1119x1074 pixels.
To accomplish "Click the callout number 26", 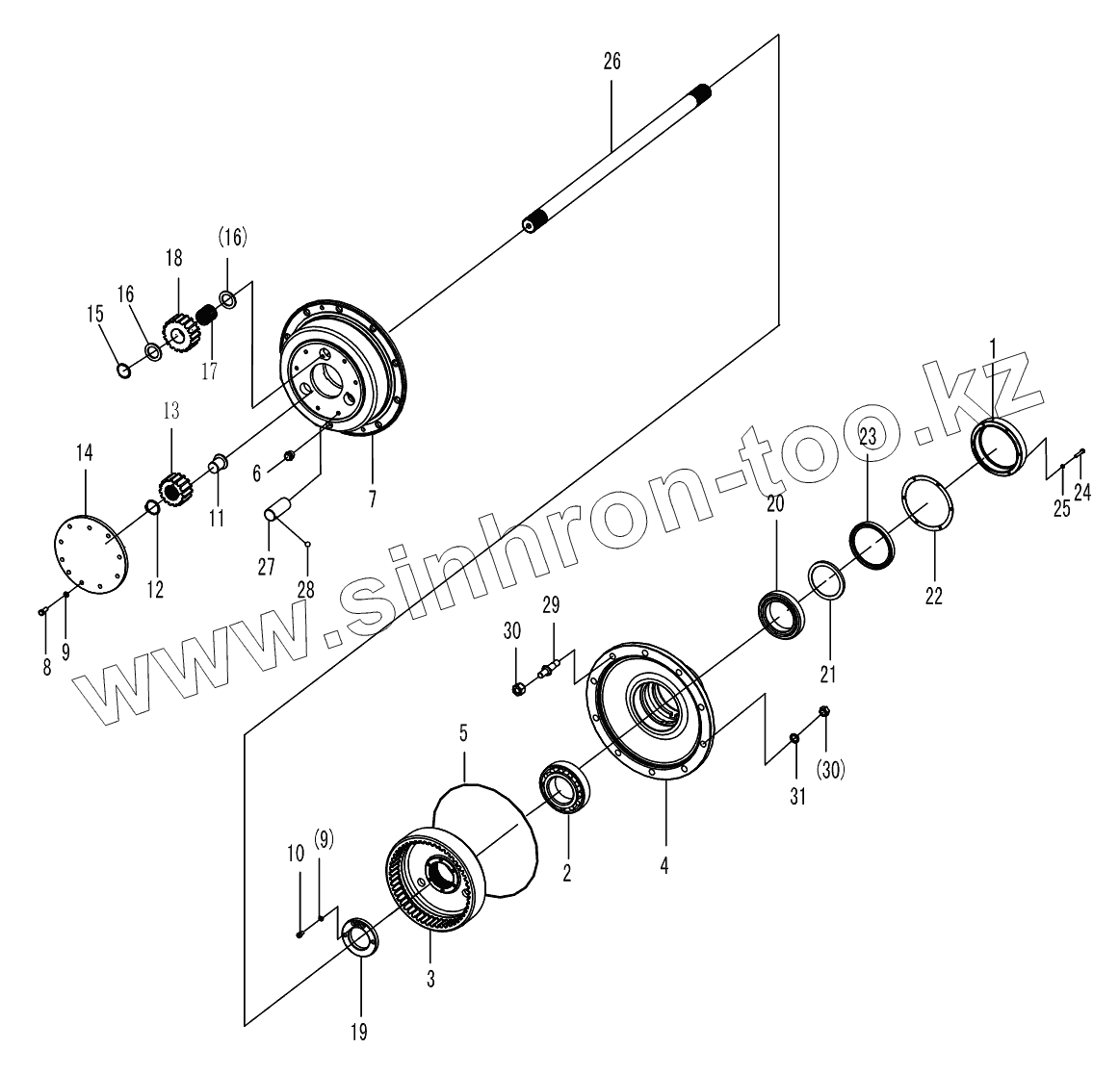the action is pyautogui.click(x=612, y=62).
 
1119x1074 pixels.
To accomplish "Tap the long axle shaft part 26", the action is pyautogui.click(x=616, y=158).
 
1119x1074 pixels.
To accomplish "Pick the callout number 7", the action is pyautogui.click(x=371, y=499).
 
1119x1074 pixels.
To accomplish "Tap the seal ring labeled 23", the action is pyautogui.click(x=872, y=542).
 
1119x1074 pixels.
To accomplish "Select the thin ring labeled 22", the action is pyautogui.click(x=926, y=503).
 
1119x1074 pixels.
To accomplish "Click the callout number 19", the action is pyautogui.click(x=359, y=1033).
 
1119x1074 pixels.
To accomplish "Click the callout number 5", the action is pyautogui.click(x=463, y=733).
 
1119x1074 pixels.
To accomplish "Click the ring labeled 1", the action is pyautogui.click(x=1001, y=447).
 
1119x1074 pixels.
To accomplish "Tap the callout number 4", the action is pyautogui.click(x=664, y=864).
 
